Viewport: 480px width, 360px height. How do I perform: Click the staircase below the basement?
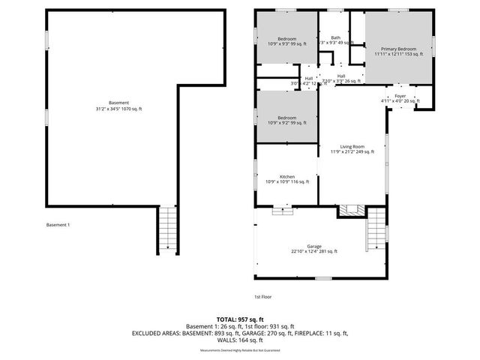tap(169, 231)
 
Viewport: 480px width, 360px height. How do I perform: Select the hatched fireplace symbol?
tap(348, 211)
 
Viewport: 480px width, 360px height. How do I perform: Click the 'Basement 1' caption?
tap(58, 225)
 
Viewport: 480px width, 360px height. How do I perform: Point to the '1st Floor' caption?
tap(262, 296)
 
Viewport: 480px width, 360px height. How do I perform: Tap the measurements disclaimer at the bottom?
tap(239, 350)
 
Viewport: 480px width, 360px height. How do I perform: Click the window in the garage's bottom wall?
tap(322, 278)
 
